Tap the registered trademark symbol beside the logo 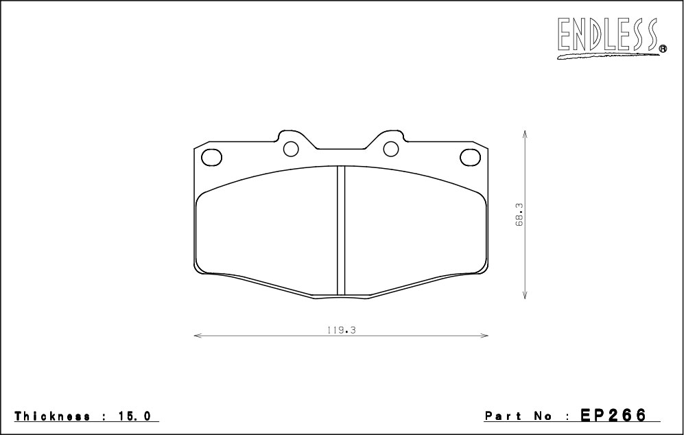click(x=663, y=49)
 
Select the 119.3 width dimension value click(x=341, y=331)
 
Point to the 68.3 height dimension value click(x=519, y=215)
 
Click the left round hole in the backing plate click(x=291, y=149)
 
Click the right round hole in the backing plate click(x=391, y=149)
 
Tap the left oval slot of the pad click(x=212, y=157)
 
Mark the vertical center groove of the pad click(x=341, y=230)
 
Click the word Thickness click(x=53, y=416)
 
